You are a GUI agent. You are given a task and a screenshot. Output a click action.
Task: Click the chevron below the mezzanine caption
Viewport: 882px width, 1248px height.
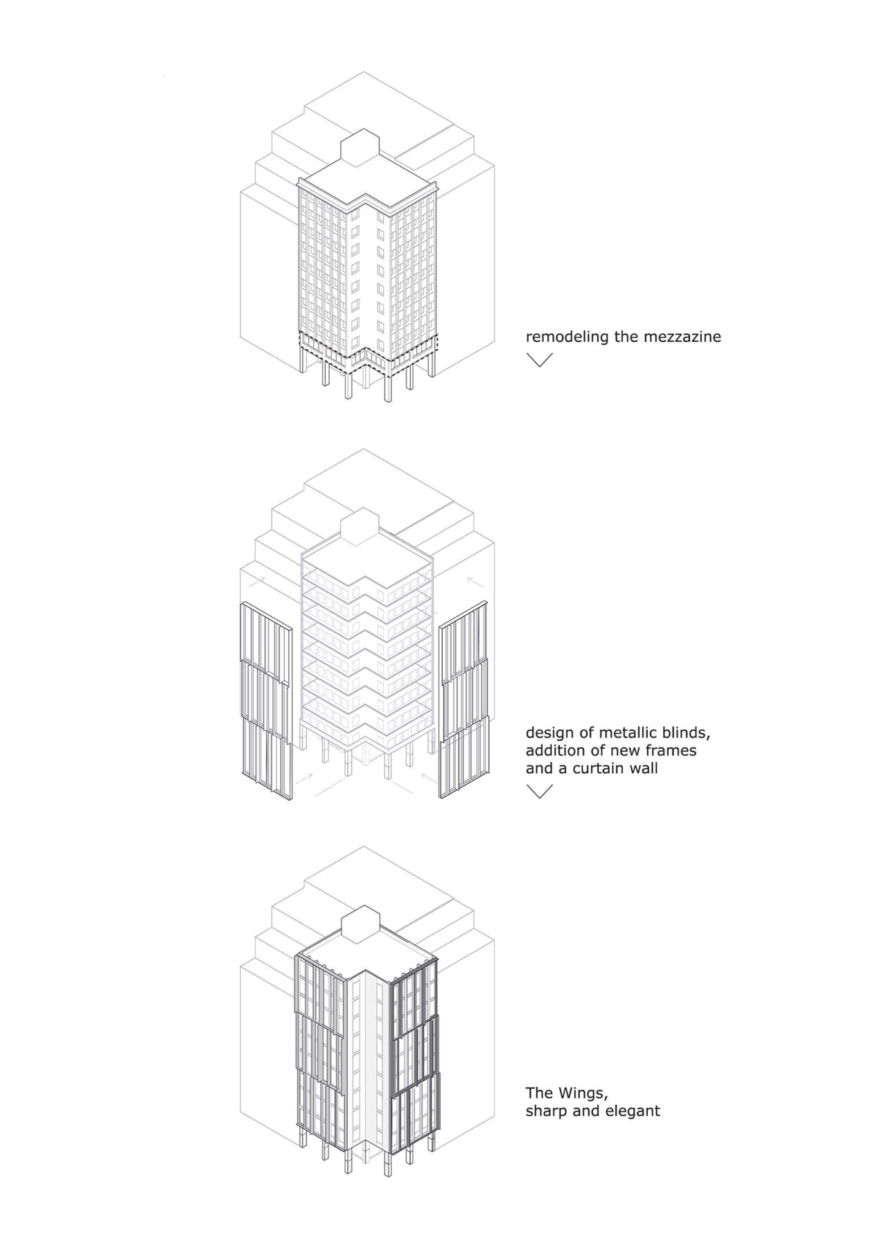(539, 360)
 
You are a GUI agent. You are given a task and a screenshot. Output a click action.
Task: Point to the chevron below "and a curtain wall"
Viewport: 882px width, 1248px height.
(539, 791)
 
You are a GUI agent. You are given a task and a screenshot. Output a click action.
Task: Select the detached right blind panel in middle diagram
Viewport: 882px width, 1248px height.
(464, 700)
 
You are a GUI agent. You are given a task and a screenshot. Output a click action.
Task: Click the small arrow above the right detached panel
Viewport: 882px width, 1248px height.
(476, 582)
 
